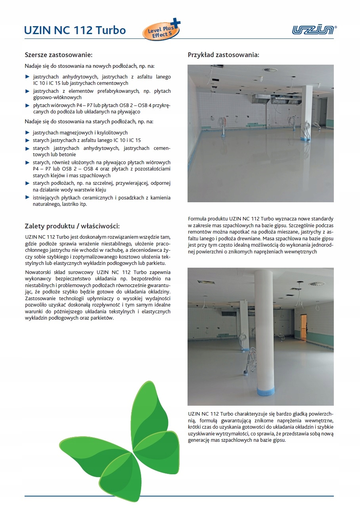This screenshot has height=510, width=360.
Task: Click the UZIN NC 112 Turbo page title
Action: pyautogui.click(x=75, y=30)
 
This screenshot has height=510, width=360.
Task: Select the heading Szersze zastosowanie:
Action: pyautogui.click(x=58, y=55)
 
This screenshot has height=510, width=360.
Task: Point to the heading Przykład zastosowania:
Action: pyautogui.click(x=223, y=55)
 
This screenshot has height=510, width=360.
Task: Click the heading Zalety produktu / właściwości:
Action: pyautogui.click(x=72, y=226)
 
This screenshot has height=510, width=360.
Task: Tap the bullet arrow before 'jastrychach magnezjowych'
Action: pyautogui.click(x=27, y=132)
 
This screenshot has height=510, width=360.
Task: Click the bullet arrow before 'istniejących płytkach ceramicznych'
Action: pyautogui.click(x=27, y=197)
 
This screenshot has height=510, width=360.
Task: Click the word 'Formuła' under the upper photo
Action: pyautogui.click(x=198, y=219)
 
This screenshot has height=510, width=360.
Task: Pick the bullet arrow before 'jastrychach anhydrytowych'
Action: pyautogui.click(x=27, y=77)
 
